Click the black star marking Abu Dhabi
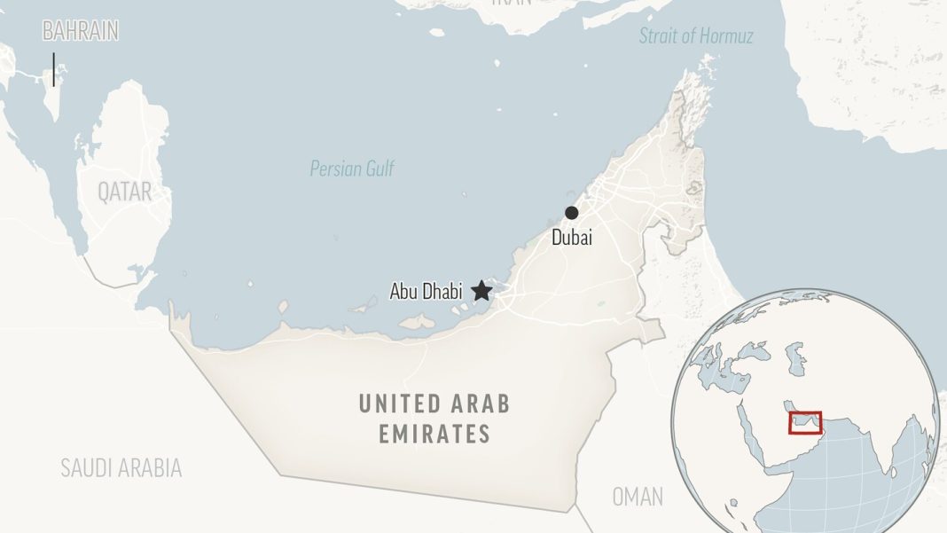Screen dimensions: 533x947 point(481,290)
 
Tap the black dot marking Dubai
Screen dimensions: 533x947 point(572,213)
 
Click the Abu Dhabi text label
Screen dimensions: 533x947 point(426,291)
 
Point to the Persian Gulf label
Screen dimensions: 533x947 point(352,169)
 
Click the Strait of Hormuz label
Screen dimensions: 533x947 point(696,36)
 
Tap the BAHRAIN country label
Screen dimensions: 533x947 point(81,32)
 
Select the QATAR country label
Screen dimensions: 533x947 point(124,192)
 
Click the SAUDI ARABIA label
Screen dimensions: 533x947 point(121,468)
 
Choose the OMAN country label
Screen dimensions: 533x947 point(638,497)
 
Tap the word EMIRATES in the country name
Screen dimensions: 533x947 point(434,435)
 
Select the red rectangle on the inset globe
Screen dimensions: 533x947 point(805,423)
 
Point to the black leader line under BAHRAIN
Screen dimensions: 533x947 point(54,69)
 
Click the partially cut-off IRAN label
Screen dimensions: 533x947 point(512,4)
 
